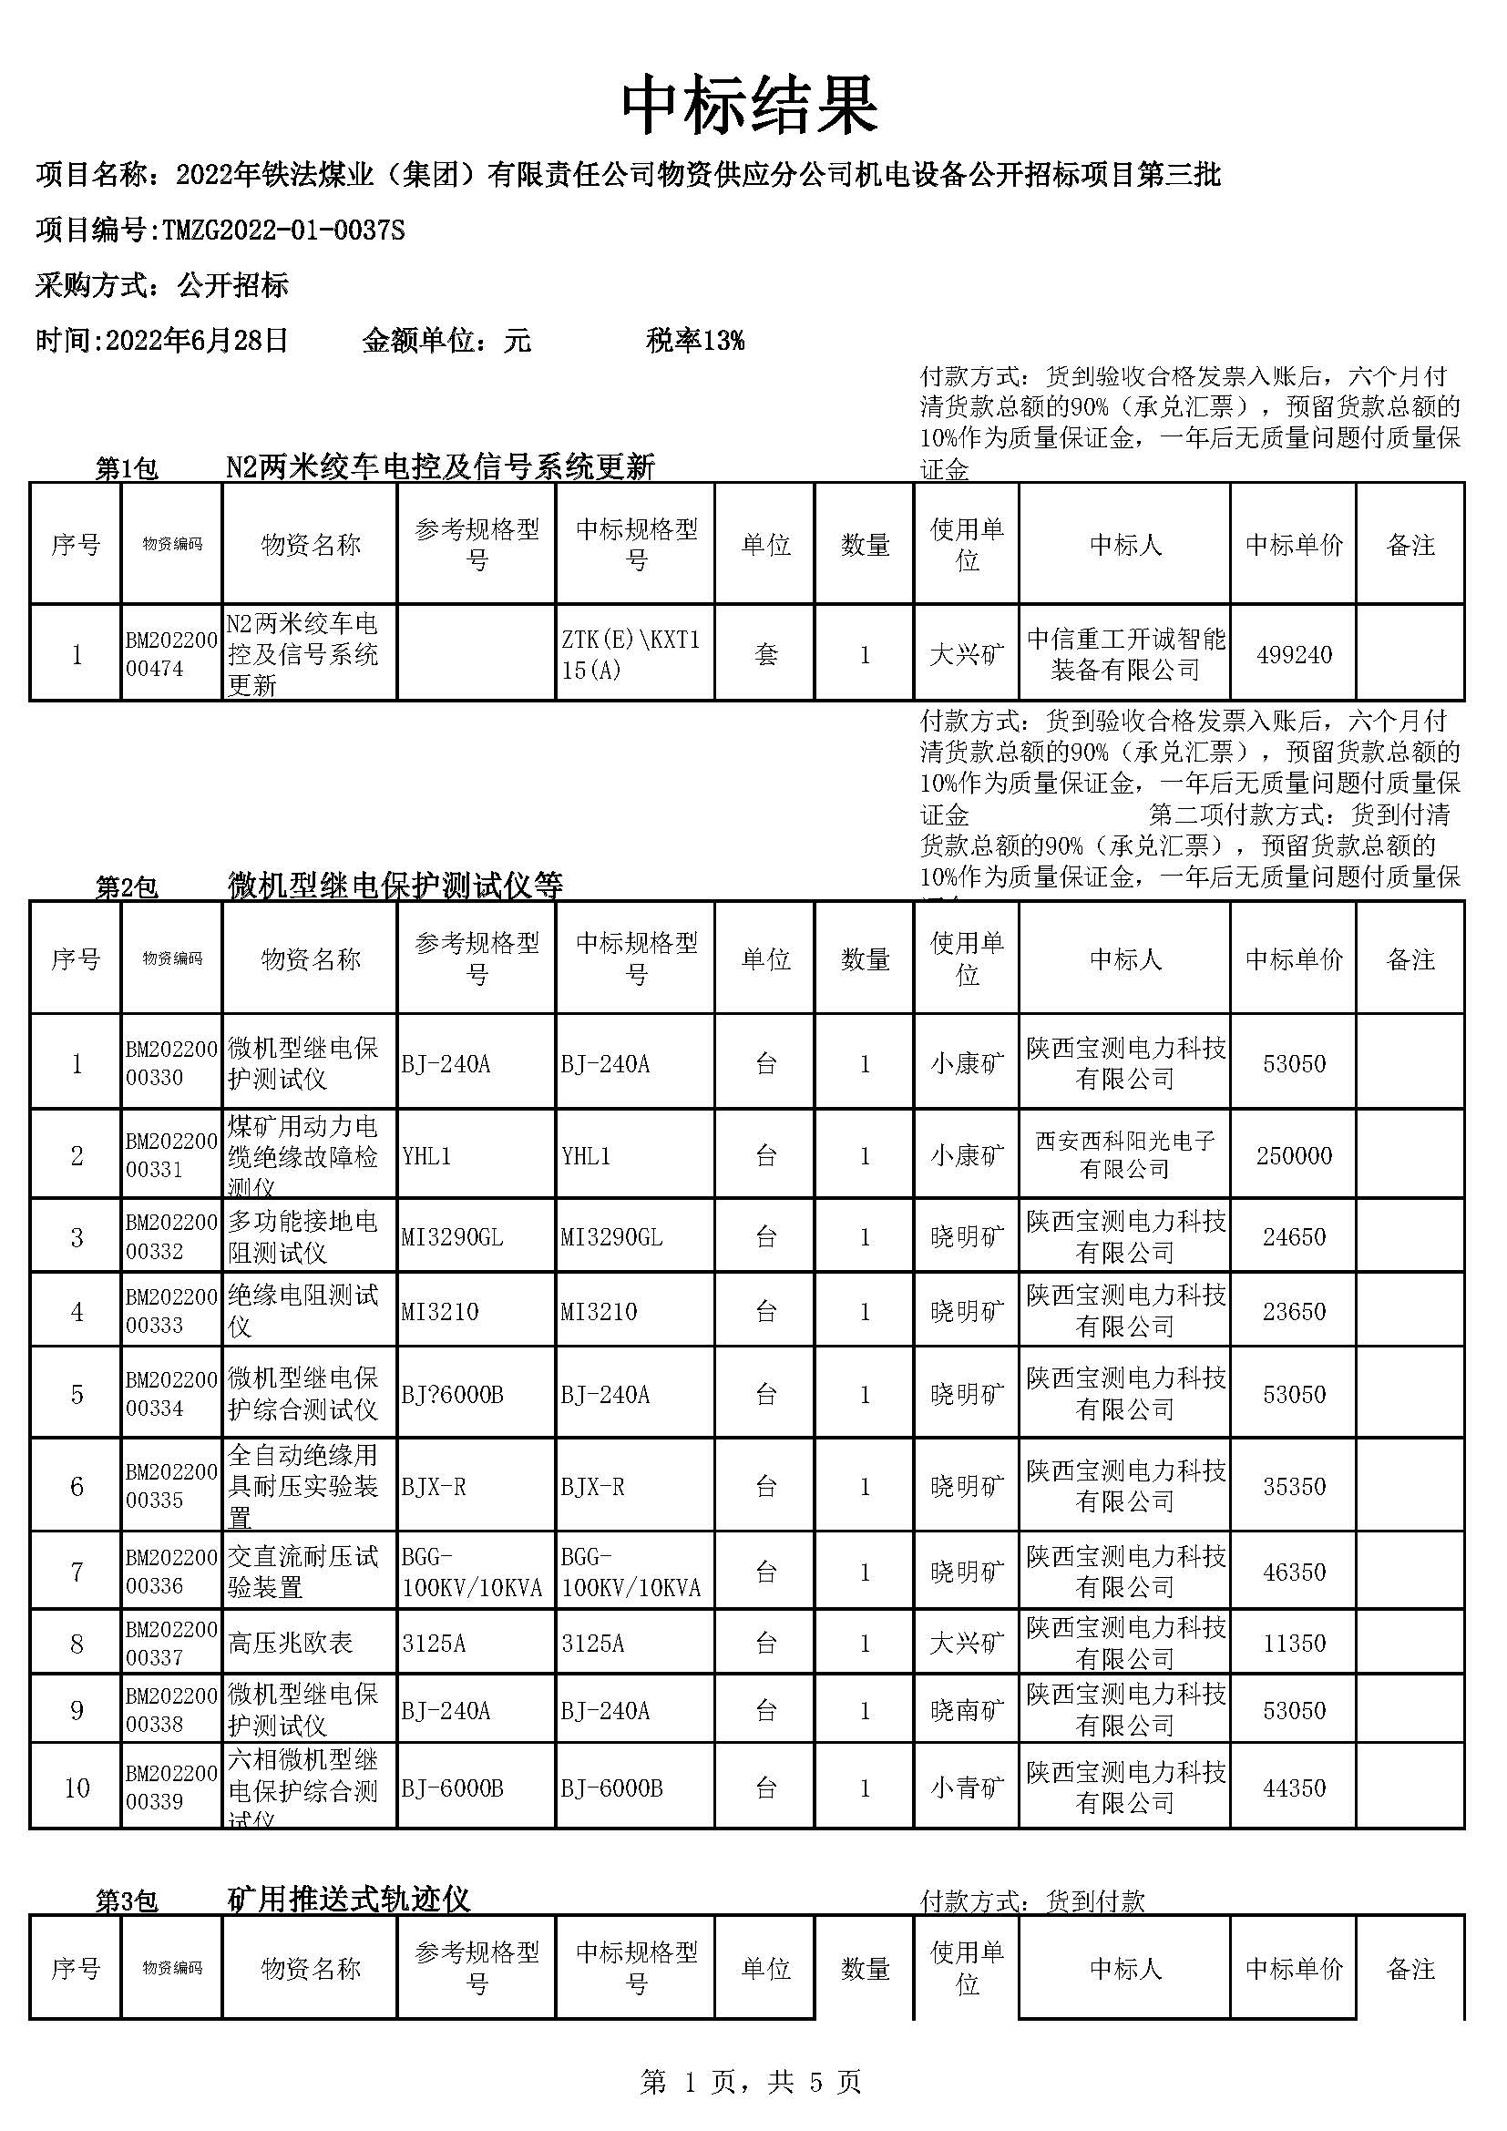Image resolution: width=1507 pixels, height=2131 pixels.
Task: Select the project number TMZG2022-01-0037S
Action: coord(283,231)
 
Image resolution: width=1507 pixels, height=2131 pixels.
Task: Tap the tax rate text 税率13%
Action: coord(695,341)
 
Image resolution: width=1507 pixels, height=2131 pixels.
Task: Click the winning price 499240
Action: coord(1294,655)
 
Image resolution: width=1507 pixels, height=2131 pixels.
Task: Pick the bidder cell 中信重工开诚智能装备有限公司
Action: coord(1124,655)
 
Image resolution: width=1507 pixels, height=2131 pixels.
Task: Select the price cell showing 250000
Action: coord(1294,1155)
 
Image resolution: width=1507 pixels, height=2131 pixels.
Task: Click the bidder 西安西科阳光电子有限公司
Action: coord(1124,1154)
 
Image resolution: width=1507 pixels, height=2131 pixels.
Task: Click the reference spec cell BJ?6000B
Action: coord(453,1395)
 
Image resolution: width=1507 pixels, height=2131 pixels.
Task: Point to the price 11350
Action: coord(1294,1644)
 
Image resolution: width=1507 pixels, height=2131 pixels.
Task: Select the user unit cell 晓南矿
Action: coord(967,1711)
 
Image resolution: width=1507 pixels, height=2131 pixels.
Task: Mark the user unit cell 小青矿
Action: coord(967,1788)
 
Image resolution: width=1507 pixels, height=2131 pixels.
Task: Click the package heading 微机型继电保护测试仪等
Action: coord(395,886)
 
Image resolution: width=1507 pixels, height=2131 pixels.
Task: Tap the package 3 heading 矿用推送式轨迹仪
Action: coord(349,1899)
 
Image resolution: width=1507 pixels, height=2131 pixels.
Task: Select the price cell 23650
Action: coord(1294,1311)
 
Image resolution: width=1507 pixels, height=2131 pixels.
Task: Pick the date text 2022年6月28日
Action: coord(197,341)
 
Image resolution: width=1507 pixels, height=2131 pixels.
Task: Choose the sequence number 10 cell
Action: coord(77,1788)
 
